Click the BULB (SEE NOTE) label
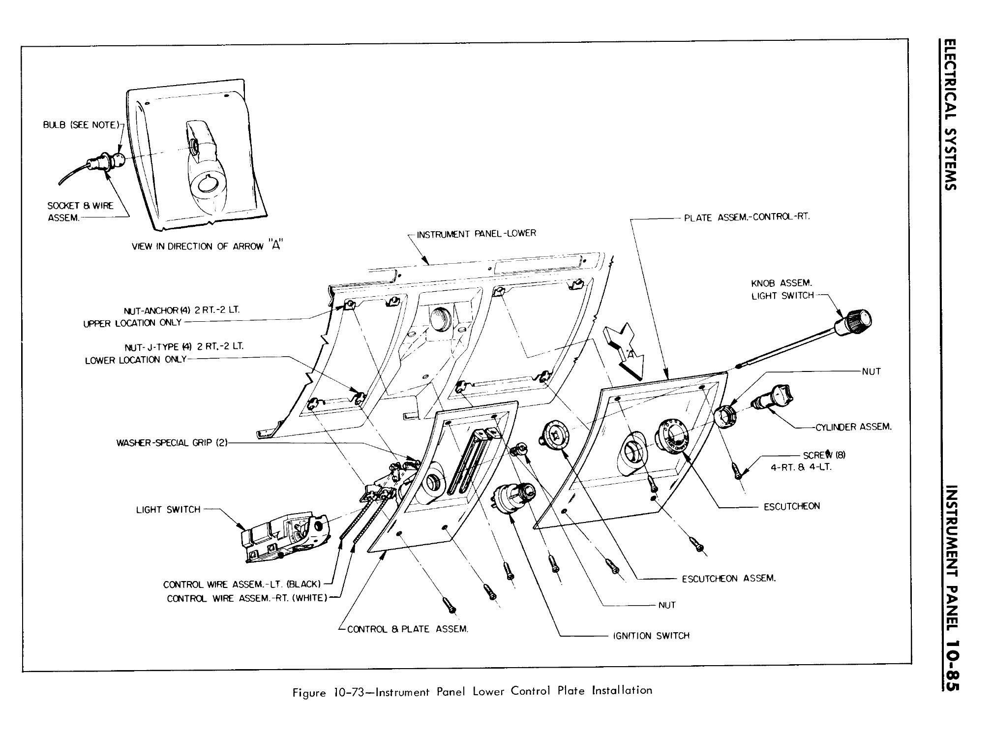(81, 125)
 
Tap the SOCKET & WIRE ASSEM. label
(80, 212)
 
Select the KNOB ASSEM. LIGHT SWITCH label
(782, 289)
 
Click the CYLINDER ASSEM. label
(853, 427)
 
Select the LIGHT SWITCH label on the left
(168, 510)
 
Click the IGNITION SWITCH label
(651, 636)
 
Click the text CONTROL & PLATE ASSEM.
(407, 629)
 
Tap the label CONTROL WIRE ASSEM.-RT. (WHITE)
(247, 598)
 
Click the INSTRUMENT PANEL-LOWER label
(476, 234)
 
